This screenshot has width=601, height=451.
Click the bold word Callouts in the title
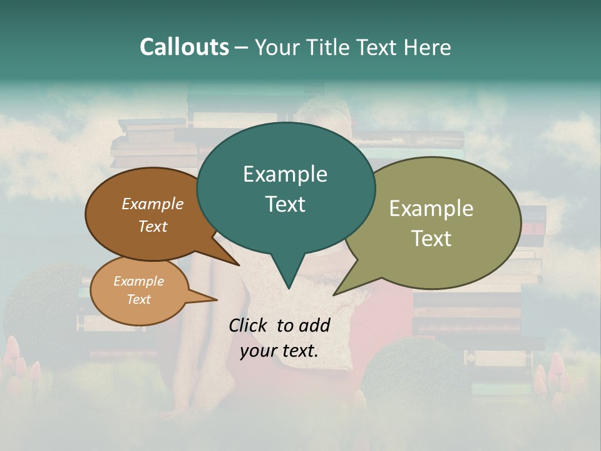pyautogui.click(x=184, y=47)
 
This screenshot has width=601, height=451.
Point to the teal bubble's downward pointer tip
pyautogui.click(x=288, y=288)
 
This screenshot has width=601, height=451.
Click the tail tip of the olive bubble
pyautogui.click(x=335, y=294)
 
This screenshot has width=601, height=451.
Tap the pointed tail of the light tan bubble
pyautogui.click(x=216, y=300)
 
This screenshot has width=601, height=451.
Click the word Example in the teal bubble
pyautogui.click(x=285, y=174)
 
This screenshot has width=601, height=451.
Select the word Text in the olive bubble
pyautogui.click(x=431, y=239)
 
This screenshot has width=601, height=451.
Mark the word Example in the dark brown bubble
pyautogui.click(x=153, y=204)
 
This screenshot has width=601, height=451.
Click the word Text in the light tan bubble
pyautogui.click(x=139, y=299)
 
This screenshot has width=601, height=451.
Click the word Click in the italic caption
pyautogui.click(x=249, y=325)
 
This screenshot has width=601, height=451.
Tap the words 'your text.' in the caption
pyautogui.click(x=279, y=351)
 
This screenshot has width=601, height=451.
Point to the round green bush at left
pyautogui.click(x=47, y=301)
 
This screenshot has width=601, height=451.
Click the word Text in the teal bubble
pyautogui.click(x=285, y=204)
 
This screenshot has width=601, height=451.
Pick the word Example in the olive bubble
pyautogui.click(x=431, y=209)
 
